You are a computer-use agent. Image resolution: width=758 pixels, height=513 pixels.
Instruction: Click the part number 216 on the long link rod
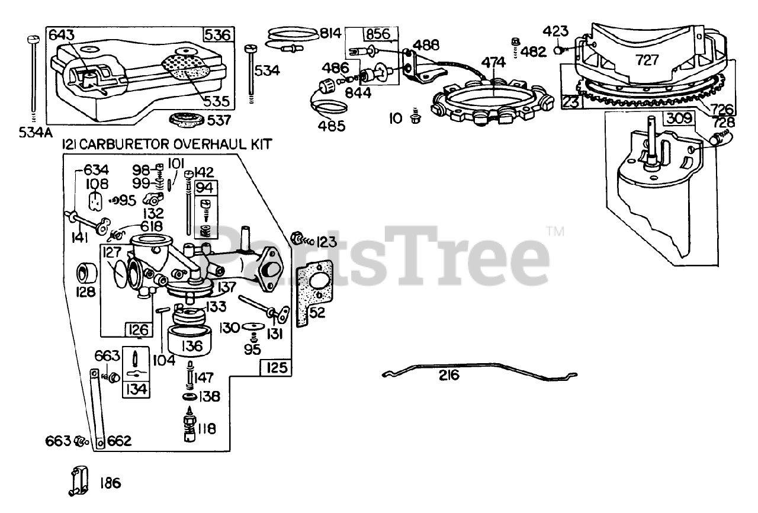(x=449, y=376)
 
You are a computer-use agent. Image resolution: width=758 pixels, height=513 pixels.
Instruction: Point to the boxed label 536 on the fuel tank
(x=217, y=34)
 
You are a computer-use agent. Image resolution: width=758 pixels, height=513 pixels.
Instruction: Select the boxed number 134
(x=135, y=389)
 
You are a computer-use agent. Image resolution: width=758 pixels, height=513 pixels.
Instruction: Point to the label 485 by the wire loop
(x=333, y=126)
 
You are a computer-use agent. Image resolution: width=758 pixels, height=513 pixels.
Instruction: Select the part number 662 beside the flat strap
(x=119, y=441)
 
